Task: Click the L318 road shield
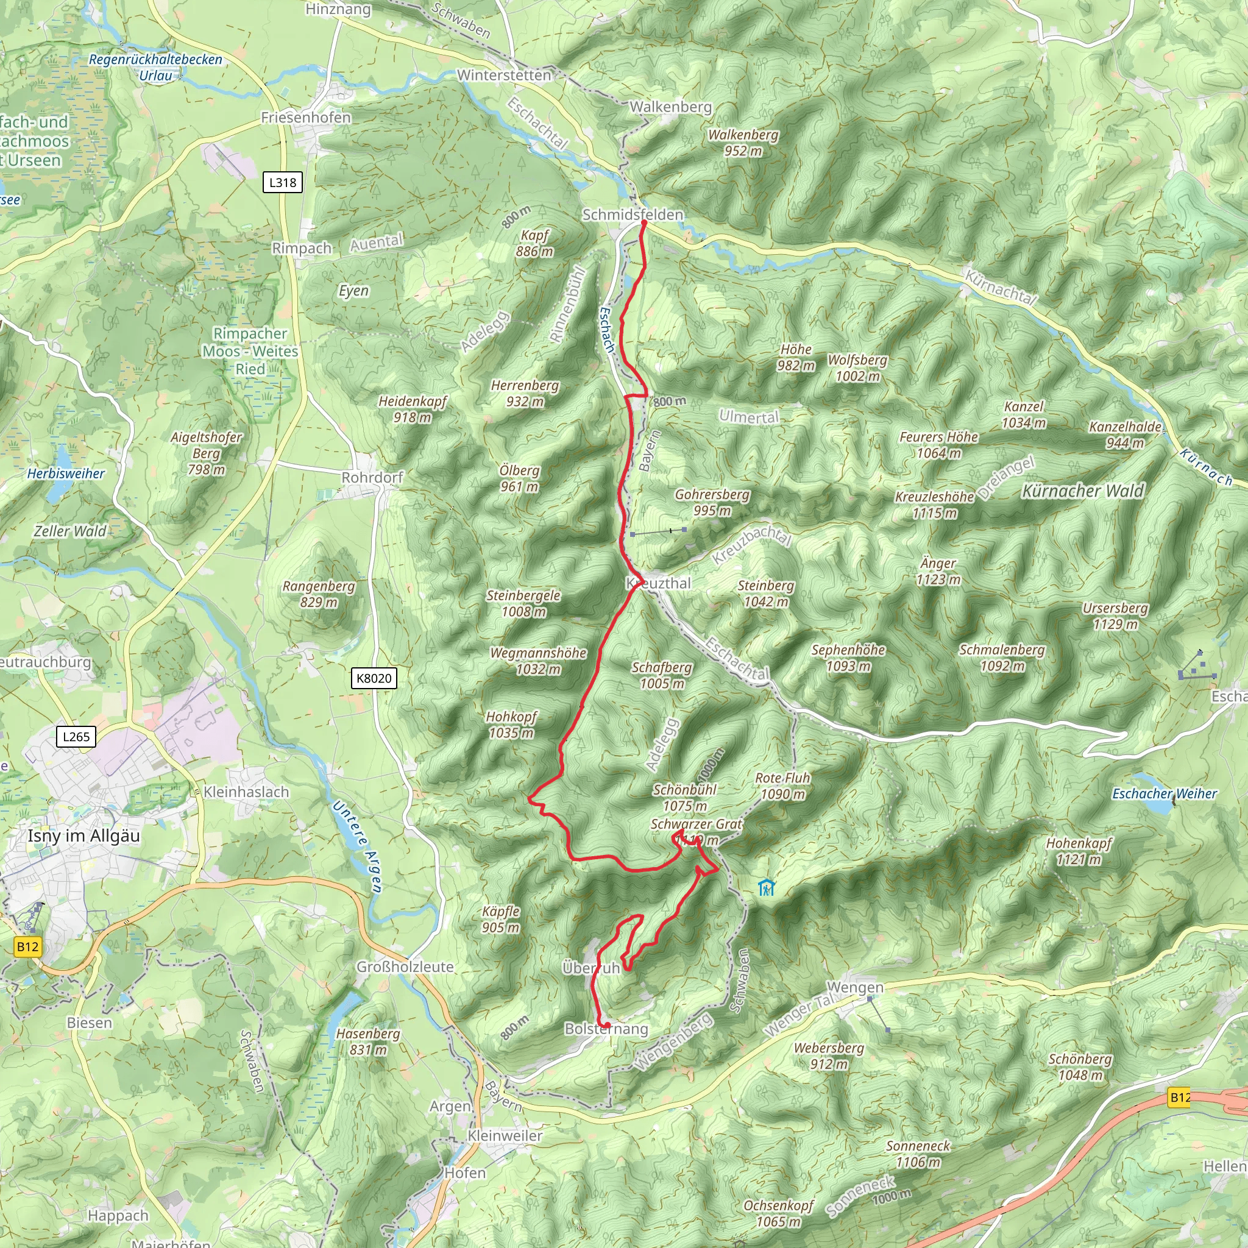point(282,182)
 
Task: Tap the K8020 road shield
point(374,678)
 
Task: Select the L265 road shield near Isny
point(76,736)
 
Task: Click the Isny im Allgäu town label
point(83,836)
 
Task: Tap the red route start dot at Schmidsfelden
point(644,222)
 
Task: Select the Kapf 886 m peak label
point(534,243)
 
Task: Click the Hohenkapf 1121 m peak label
point(1079,851)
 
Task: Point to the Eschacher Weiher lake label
point(1164,793)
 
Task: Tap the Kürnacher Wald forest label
point(1083,491)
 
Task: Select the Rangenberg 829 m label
point(319,594)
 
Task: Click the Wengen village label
point(854,987)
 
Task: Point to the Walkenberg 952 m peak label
point(743,143)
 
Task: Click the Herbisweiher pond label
point(66,473)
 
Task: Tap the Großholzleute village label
point(405,967)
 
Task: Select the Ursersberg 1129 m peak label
point(1115,615)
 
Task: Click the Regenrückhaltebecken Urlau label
point(155,67)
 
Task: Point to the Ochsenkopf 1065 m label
point(778,1213)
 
